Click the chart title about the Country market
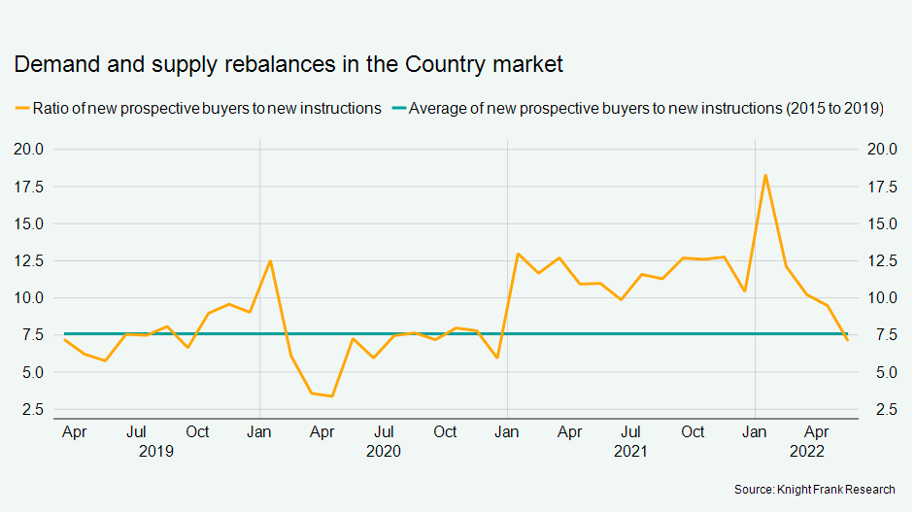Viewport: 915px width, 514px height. (x=288, y=65)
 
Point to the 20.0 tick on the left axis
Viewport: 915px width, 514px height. (x=28, y=149)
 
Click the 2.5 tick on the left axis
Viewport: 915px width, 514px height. (x=32, y=410)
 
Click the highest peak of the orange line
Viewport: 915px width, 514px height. (x=765, y=175)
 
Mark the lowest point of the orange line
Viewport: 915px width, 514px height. (x=332, y=396)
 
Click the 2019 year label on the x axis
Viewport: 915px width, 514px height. (x=155, y=451)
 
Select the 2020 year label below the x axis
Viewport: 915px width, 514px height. (x=384, y=451)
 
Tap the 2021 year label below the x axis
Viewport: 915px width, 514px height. (x=630, y=451)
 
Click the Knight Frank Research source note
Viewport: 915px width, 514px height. (x=815, y=490)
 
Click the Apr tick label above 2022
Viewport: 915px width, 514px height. (x=817, y=431)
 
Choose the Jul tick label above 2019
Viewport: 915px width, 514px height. (x=137, y=431)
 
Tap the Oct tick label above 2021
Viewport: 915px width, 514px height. (x=693, y=431)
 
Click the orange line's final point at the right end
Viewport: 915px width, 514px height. (x=847, y=340)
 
